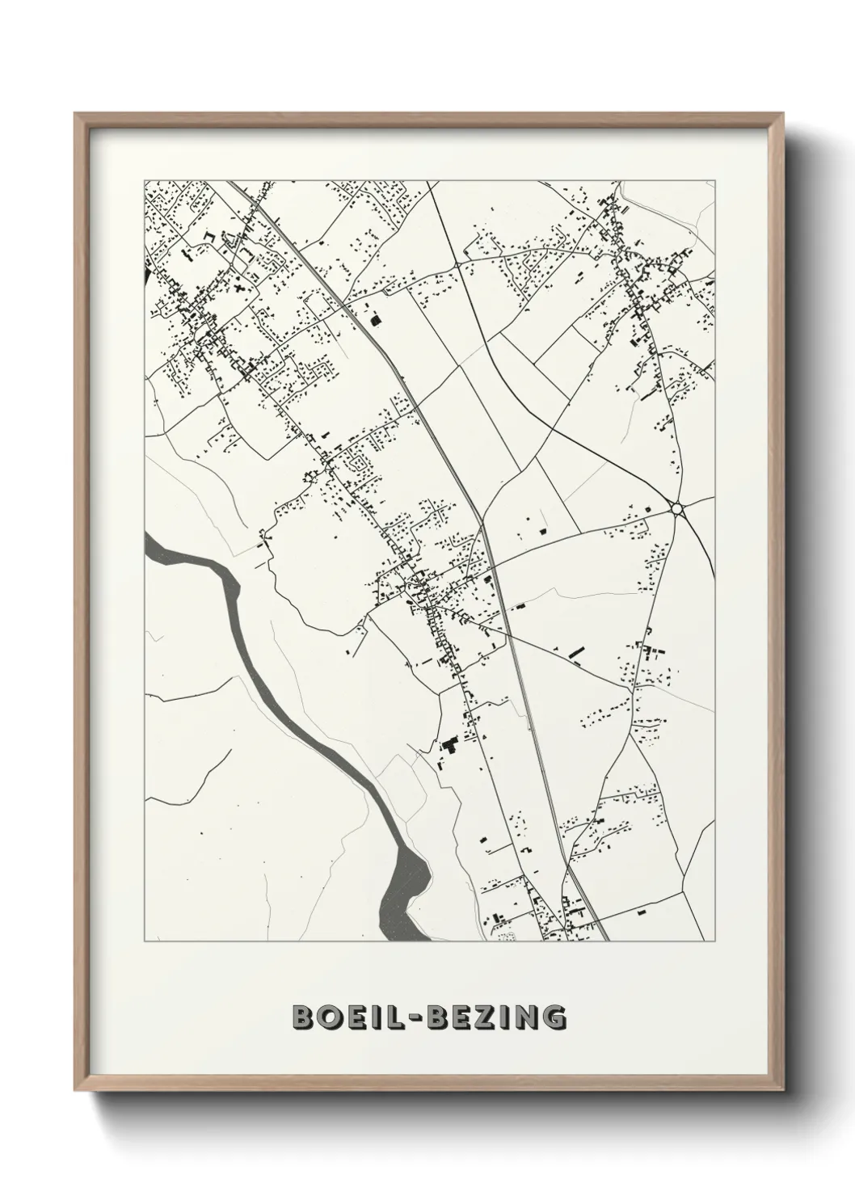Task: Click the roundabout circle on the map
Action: coord(676,508)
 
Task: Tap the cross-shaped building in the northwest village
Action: coord(239,285)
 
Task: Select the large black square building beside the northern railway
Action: coord(375,320)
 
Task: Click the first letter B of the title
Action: coord(303,1017)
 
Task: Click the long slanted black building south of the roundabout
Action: coord(576,651)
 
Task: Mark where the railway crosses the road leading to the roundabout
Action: coord(491,563)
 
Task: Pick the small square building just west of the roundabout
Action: coord(646,507)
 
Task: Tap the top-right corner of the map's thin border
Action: coord(716,179)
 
